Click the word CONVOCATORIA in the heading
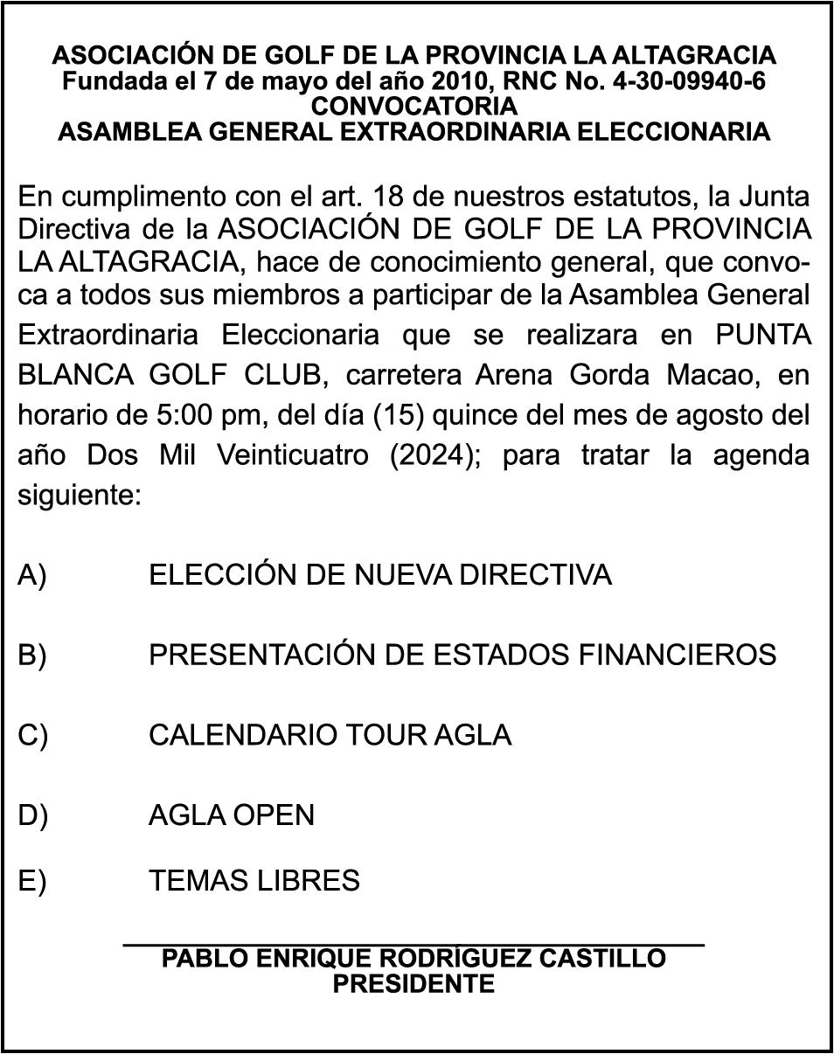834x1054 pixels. (414, 107)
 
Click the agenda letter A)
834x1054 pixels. (32, 575)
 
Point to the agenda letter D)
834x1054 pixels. (32, 815)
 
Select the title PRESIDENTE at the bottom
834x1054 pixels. (414, 984)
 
